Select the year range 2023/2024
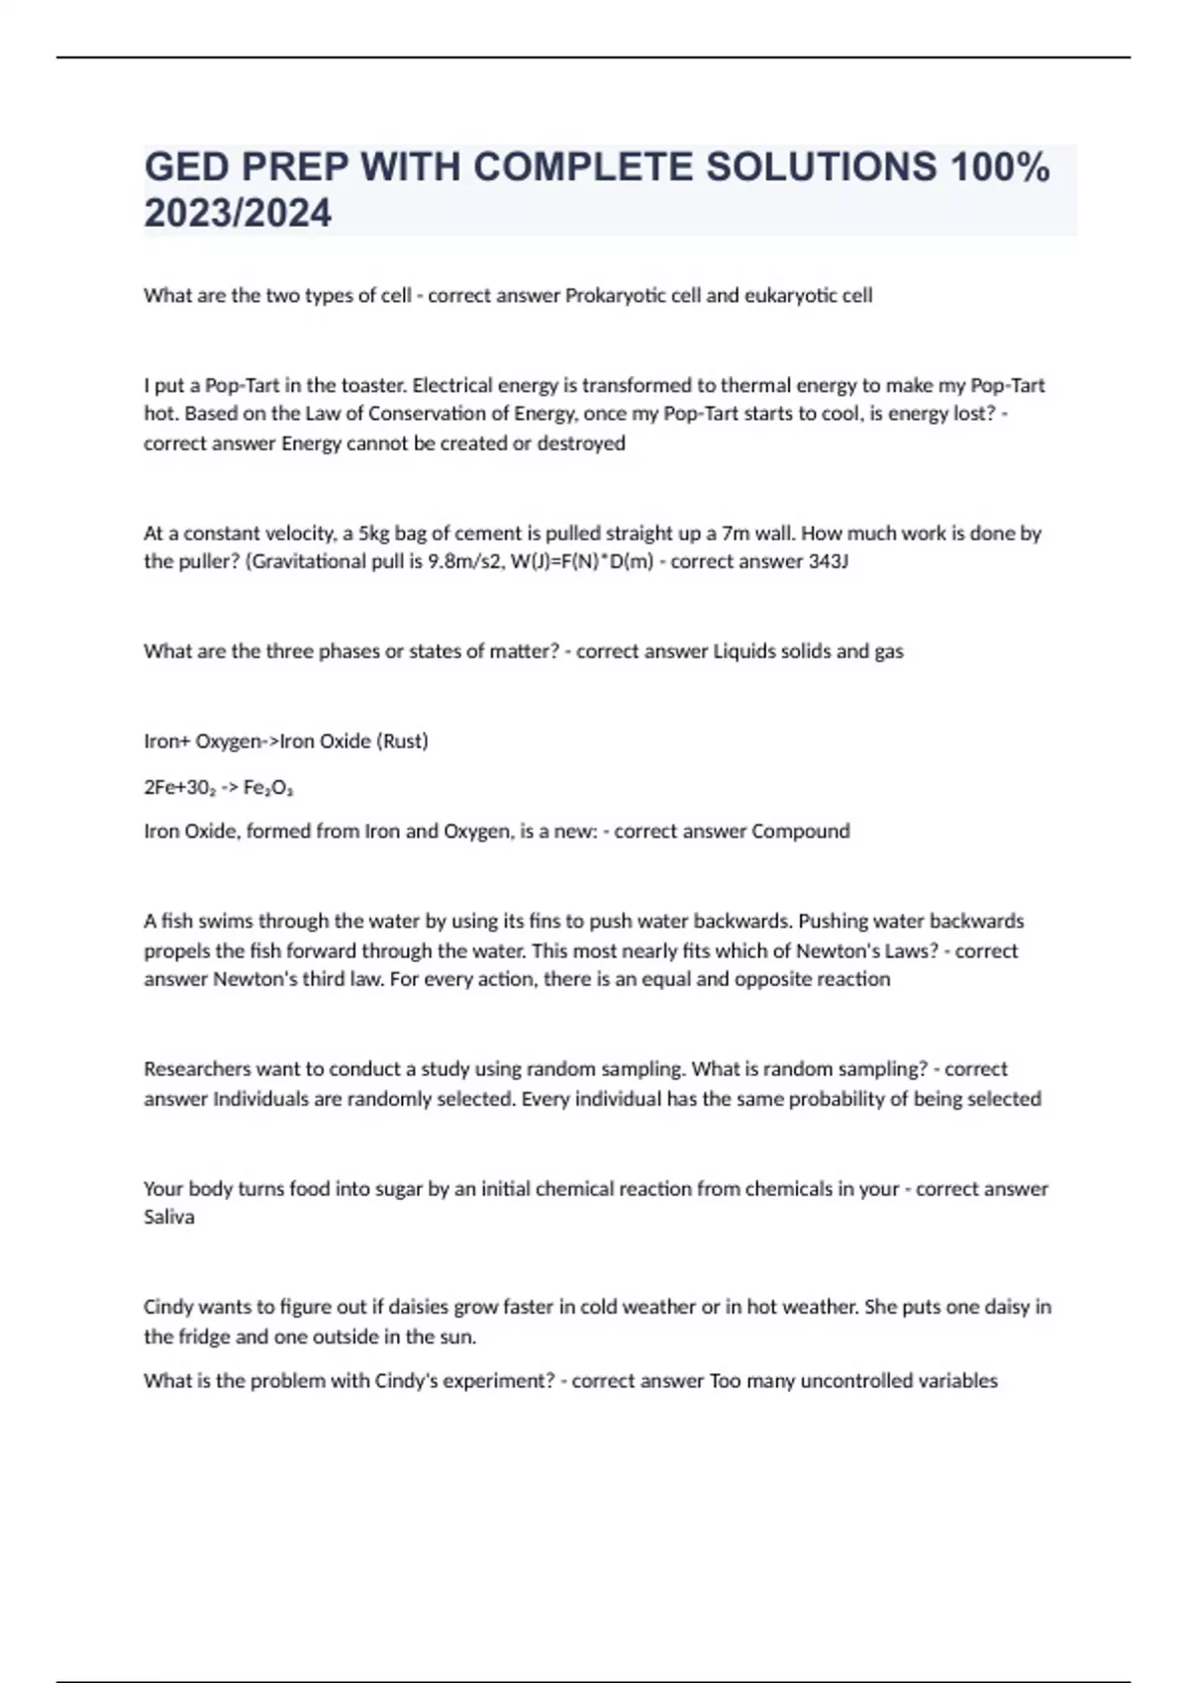click(x=238, y=213)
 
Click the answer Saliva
click(x=169, y=1217)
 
